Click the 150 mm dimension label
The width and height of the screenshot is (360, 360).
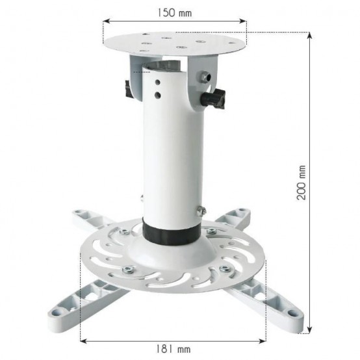pos(174,12)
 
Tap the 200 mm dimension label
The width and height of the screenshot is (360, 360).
pos(302,183)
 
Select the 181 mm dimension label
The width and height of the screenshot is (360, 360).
pos(174,349)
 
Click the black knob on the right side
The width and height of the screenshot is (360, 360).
pos(213,99)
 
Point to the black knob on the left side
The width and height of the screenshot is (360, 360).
pos(129,89)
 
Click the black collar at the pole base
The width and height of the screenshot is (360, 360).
pos(172,231)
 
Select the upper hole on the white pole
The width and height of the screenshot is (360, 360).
pos(157,82)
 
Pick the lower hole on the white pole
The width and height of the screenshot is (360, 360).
pos(157,94)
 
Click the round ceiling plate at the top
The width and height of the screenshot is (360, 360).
pos(175,44)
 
